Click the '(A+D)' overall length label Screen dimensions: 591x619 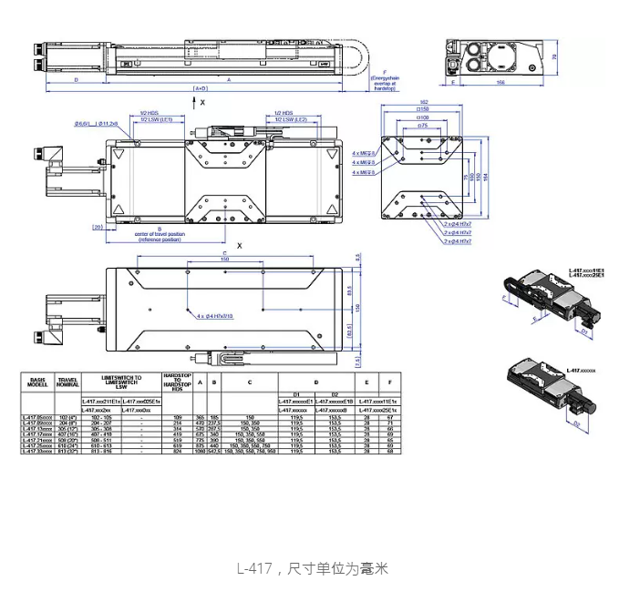201,88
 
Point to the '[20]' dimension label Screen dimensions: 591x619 97,227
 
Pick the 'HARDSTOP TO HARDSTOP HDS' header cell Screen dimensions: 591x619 175,381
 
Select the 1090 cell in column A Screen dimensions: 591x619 200,450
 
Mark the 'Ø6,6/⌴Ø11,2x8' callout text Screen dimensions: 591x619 92,123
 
